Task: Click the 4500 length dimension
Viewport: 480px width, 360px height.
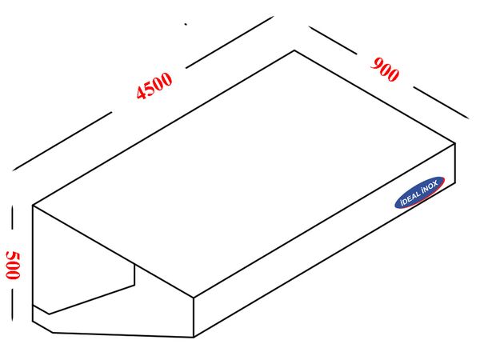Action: coord(154,86)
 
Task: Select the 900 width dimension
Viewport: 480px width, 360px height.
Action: coord(385,70)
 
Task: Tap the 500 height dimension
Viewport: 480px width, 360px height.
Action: coord(13,265)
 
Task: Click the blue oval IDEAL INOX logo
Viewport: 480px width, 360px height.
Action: coord(420,192)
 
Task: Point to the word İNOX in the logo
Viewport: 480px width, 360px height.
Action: coord(430,187)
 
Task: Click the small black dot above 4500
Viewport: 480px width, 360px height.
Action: coord(186,24)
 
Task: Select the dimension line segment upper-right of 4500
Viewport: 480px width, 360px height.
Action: coord(230,42)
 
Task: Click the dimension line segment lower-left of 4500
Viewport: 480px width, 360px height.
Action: coord(62,141)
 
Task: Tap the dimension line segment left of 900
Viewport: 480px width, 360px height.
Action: coord(333,40)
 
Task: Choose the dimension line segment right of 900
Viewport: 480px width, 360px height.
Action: coord(441,102)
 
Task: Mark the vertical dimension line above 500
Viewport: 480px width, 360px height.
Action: coord(12,217)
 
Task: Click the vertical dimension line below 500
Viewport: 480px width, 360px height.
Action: coord(12,305)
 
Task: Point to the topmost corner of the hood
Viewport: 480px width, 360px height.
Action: coord(294,50)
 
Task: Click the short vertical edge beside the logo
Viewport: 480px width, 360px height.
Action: coord(455,163)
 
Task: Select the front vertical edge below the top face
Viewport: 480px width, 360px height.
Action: coord(194,317)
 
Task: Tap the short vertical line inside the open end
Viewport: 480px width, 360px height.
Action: coord(134,274)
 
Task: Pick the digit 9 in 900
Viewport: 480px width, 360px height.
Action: coord(376,64)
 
